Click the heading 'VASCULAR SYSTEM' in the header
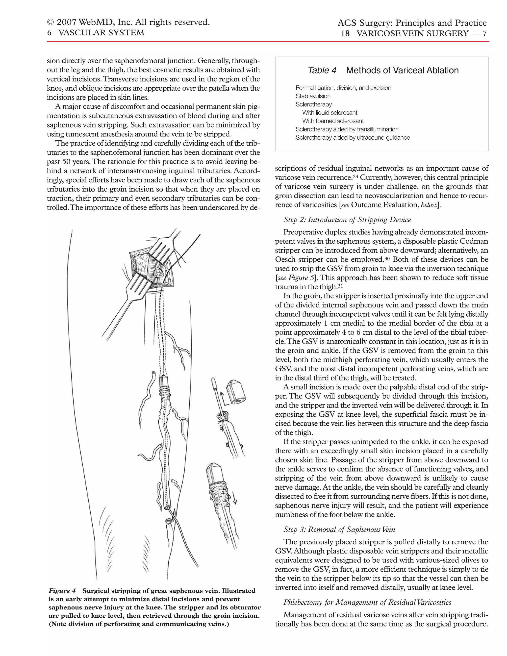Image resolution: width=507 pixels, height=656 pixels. [x=101, y=33]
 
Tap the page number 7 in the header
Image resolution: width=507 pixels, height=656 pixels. [x=484, y=33]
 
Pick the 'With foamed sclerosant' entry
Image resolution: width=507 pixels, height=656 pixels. [x=333, y=121]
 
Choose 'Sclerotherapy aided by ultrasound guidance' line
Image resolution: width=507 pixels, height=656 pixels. [x=353, y=138]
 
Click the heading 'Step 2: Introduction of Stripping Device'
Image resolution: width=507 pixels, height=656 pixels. [x=347, y=220]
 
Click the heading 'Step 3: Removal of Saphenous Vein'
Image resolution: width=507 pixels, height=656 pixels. [x=339, y=530]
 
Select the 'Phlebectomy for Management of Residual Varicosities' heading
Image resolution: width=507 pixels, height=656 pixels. [x=367, y=602]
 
